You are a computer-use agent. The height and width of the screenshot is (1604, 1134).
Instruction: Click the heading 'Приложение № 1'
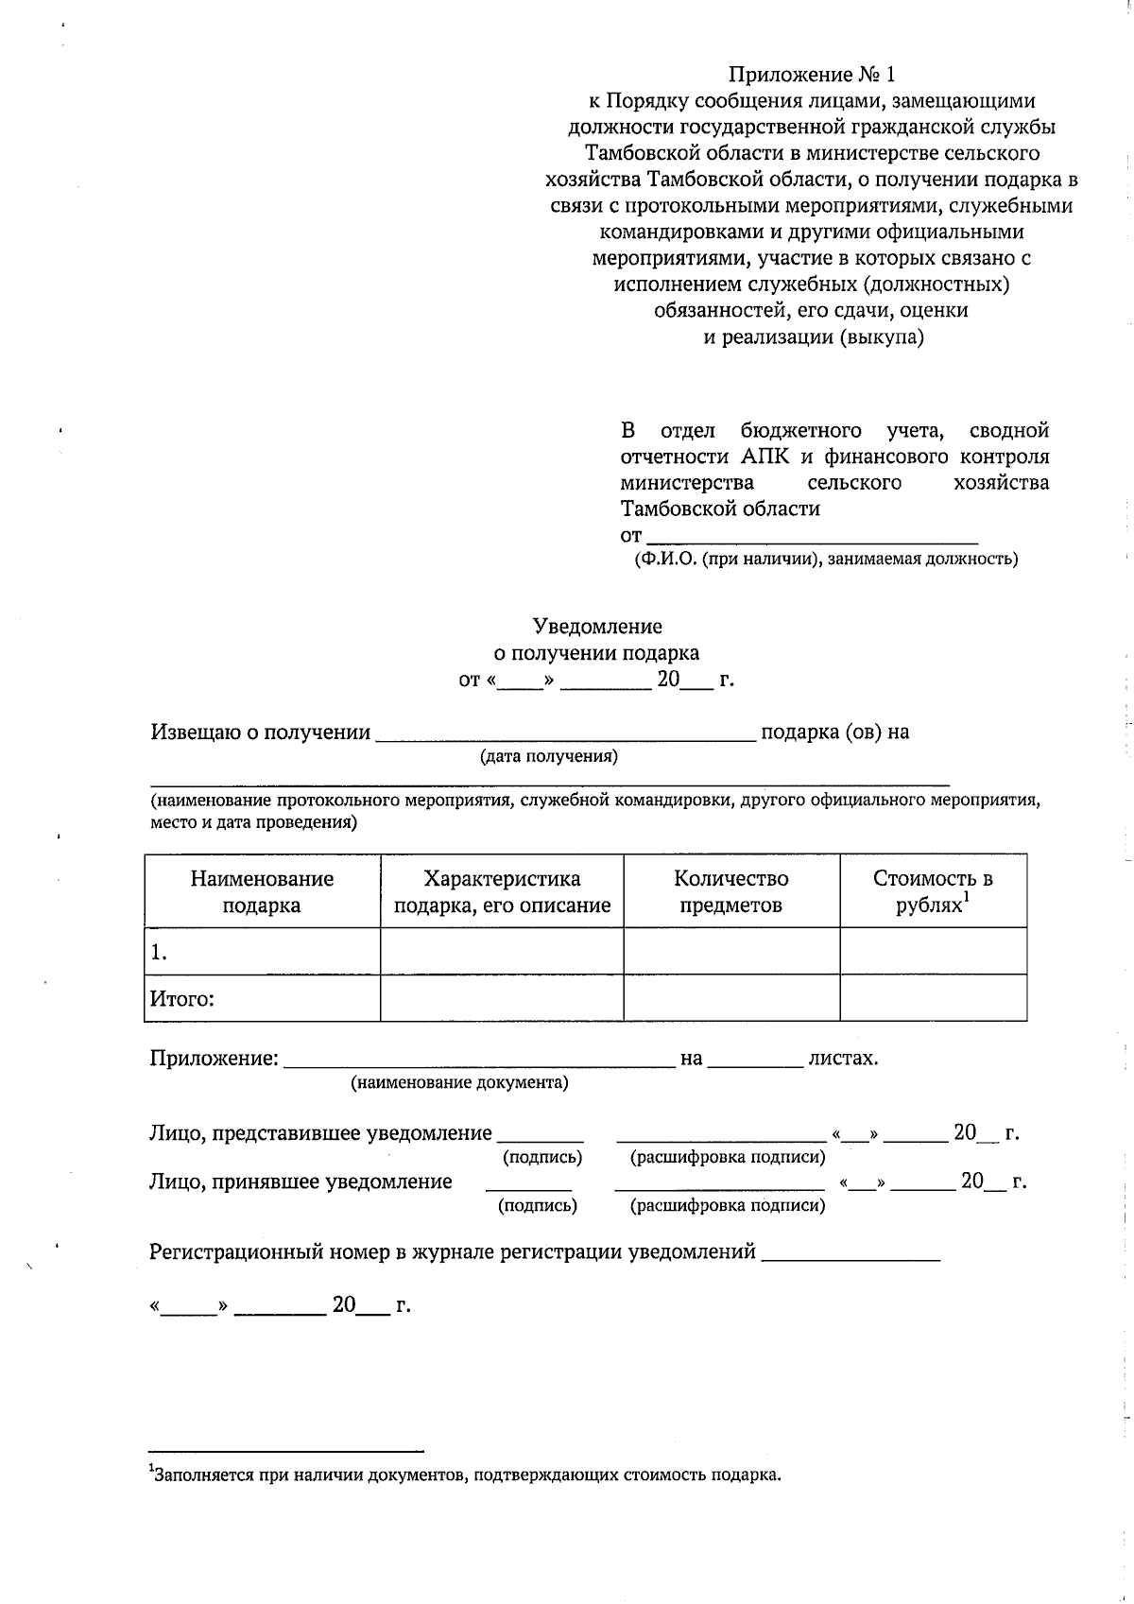810,75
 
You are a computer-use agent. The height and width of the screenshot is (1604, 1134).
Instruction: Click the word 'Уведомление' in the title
597,626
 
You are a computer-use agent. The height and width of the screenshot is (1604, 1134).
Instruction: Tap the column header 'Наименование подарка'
262,891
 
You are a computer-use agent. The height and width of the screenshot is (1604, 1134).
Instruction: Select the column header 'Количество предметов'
730,891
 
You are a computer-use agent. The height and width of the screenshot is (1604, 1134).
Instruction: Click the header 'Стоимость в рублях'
933,891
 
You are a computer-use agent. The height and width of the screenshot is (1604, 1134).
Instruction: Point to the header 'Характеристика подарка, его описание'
502,891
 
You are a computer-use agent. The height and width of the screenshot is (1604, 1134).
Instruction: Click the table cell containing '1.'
262,953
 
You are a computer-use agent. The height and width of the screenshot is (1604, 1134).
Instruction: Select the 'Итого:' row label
182,999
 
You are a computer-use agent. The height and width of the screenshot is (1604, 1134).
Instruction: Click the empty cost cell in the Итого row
933,998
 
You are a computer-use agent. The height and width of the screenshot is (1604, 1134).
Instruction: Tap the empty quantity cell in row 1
730,951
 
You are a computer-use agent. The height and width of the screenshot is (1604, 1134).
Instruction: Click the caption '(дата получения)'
548,756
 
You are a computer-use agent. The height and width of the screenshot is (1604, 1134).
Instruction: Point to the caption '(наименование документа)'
460,1083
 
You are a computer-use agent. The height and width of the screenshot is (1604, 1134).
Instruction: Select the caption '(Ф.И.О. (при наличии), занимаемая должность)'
825,560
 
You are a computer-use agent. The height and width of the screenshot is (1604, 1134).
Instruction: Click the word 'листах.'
843,1059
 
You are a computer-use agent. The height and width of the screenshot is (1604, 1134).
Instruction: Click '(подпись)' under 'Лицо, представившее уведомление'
542,1158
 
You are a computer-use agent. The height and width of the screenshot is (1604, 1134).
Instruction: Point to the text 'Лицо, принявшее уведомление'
301,1181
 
